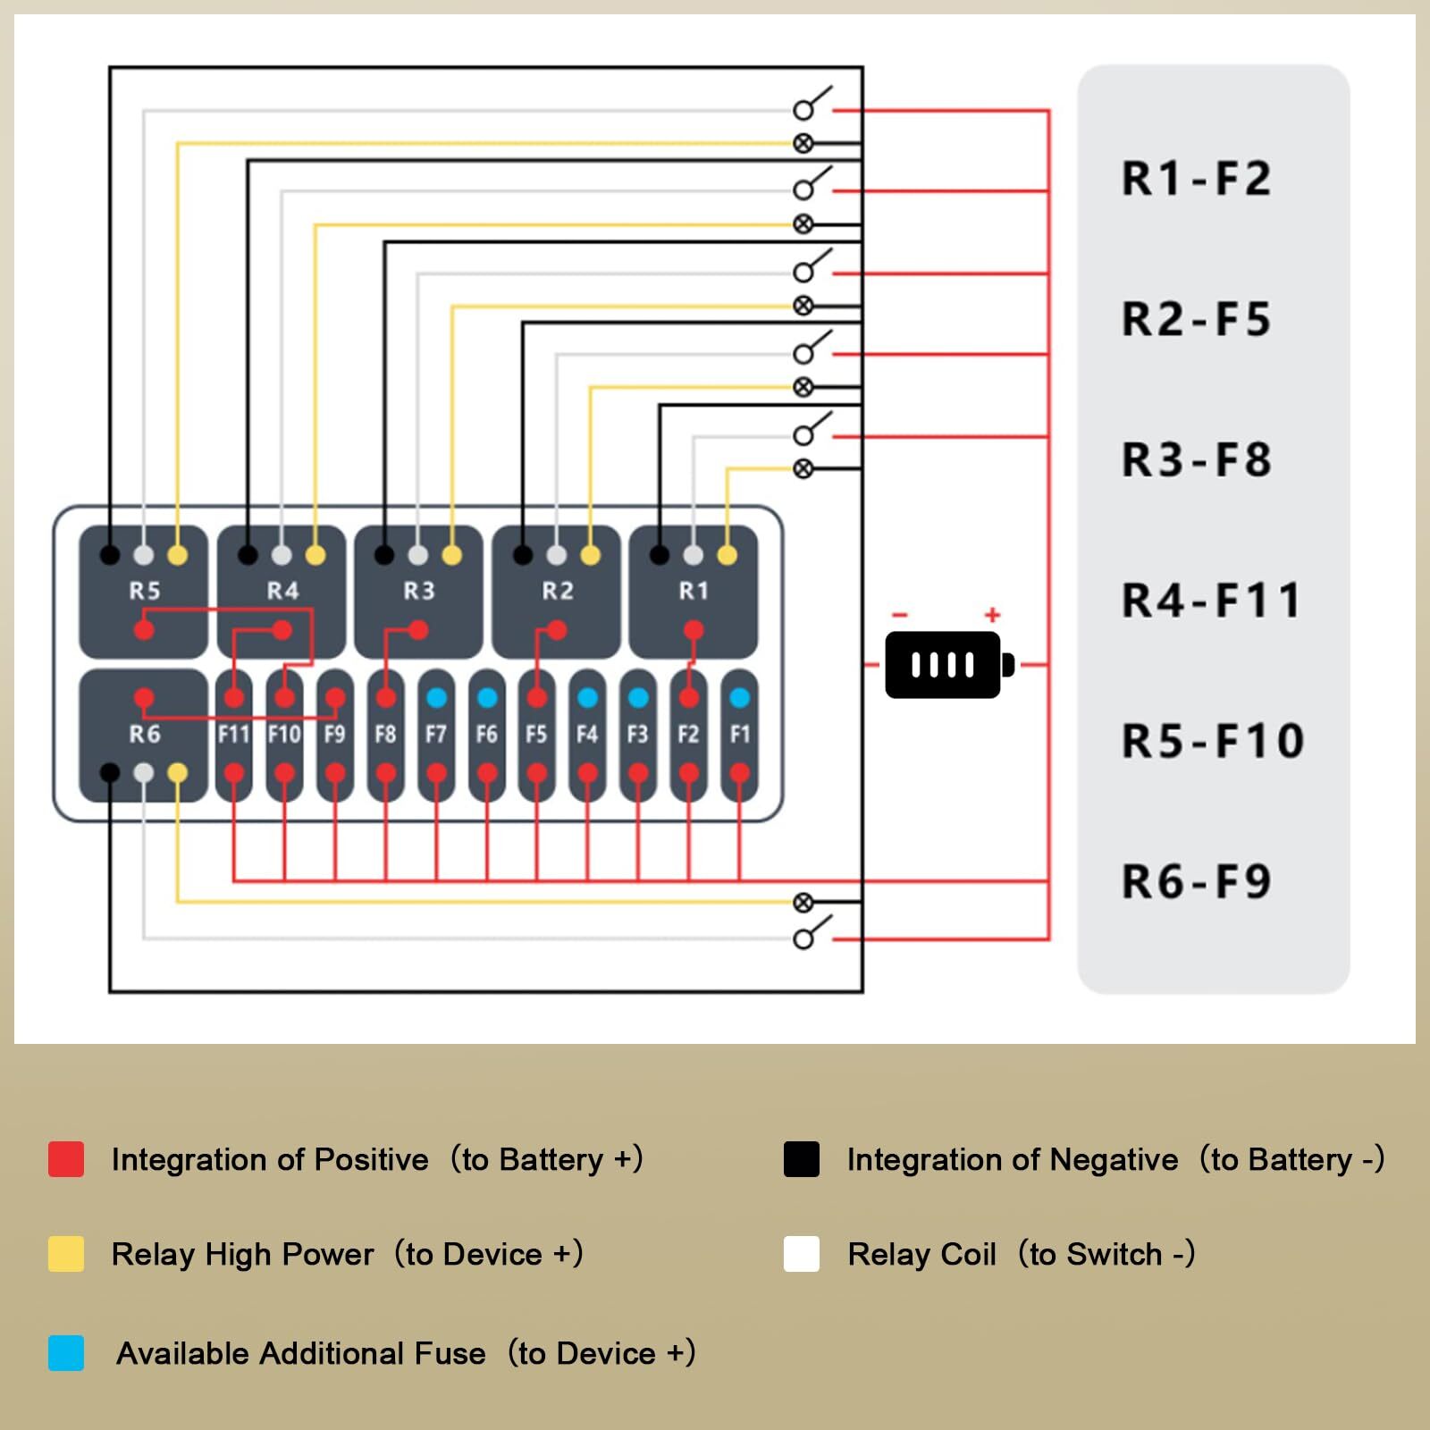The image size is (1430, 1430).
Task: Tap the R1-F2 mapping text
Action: point(1196,179)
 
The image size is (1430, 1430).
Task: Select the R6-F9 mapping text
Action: point(1196,882)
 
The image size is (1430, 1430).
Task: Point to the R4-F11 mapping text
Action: point(1210,601)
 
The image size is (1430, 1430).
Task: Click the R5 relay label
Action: point(144,591)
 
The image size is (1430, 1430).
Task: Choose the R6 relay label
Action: point(144,735)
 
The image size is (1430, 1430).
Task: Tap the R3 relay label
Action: point(418,591)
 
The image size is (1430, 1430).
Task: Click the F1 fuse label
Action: point(739,735)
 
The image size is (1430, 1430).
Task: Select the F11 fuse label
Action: point(233,735)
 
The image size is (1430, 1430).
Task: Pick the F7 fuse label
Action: point(435,735)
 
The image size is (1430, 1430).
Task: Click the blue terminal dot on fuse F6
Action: point(486,697)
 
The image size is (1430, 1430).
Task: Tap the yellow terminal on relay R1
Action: point(728,555)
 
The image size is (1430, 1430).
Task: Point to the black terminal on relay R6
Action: point(109,773)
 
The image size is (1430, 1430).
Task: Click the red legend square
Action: point(66,1159)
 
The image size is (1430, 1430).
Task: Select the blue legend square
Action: point(66,1353)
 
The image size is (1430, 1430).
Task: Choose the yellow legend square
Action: point(66,1254)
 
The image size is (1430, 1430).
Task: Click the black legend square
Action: point(801,1159)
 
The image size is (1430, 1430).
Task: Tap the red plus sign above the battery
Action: point(992,615)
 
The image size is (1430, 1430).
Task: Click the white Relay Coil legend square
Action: point(801,1254)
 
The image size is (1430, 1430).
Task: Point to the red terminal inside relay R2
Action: point(557,631)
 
